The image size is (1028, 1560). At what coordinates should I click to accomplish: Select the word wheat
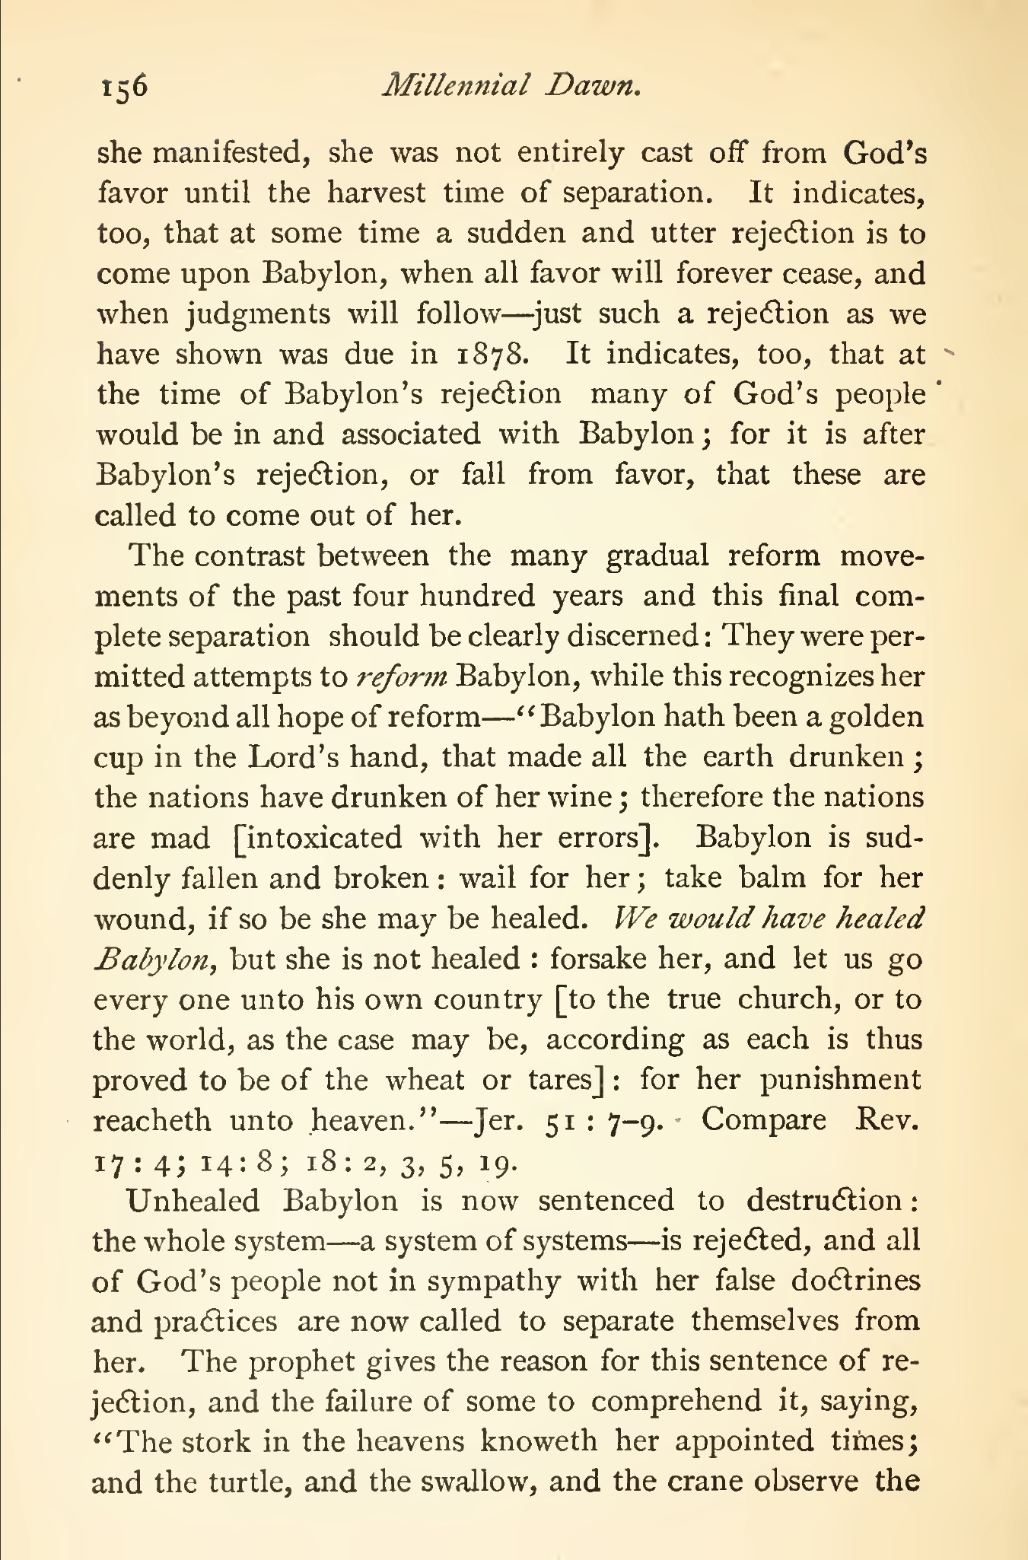(x=425, y=1080)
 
